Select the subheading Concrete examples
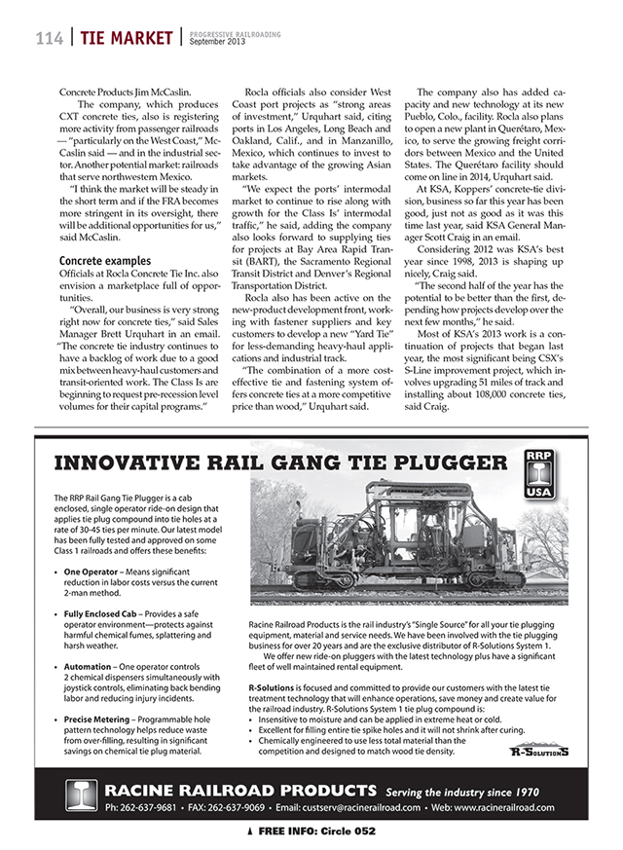tap(104, 261)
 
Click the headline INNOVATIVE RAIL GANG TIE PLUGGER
tap(286, 462)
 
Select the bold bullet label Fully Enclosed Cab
tap(110, 614)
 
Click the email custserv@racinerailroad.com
tap(363, 807)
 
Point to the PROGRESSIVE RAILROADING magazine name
tap(235, 33)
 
